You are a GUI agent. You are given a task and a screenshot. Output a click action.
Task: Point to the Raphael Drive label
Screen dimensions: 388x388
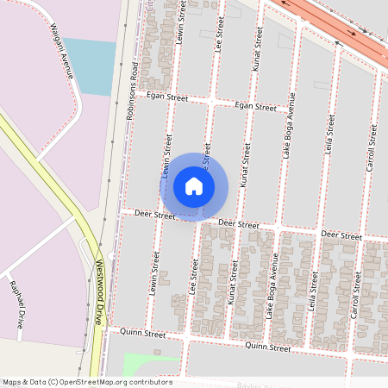16,304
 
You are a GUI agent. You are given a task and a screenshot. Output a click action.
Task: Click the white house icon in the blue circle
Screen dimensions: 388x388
194,186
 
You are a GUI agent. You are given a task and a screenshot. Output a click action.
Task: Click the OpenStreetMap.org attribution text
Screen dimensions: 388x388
86,381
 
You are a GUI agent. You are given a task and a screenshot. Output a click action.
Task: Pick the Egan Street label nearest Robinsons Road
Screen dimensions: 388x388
166,97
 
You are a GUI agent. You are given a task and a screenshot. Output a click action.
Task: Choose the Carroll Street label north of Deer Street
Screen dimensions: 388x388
372,147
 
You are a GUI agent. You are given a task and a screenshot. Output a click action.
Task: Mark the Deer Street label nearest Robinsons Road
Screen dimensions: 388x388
155,214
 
